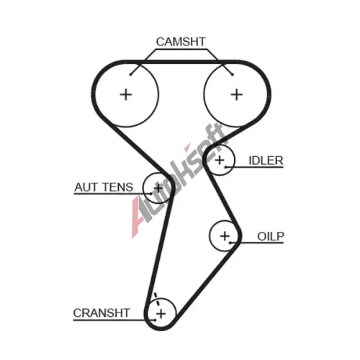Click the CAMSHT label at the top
pos(181,42)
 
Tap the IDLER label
pos(266,161)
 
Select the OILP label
pos(271,237)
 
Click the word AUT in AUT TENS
pos(86,187)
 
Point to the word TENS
pos(117,187)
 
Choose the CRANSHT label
pos(102,313)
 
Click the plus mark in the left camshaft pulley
pos(126,94)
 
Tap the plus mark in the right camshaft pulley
pos(237,94)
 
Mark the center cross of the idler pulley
pos(220,160)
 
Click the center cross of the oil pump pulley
pos(225,236)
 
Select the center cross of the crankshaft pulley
pos(161,314)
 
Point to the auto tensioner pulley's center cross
pos(158,188)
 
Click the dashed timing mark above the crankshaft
pos(157,300)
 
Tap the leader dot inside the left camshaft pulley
pos(130,75)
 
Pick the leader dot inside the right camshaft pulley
pos(233,75)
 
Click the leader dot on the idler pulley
pos(225,167)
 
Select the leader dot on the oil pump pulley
pos(230,243)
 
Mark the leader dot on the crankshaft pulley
pos(156,320)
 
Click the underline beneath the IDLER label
pos(254,167)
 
